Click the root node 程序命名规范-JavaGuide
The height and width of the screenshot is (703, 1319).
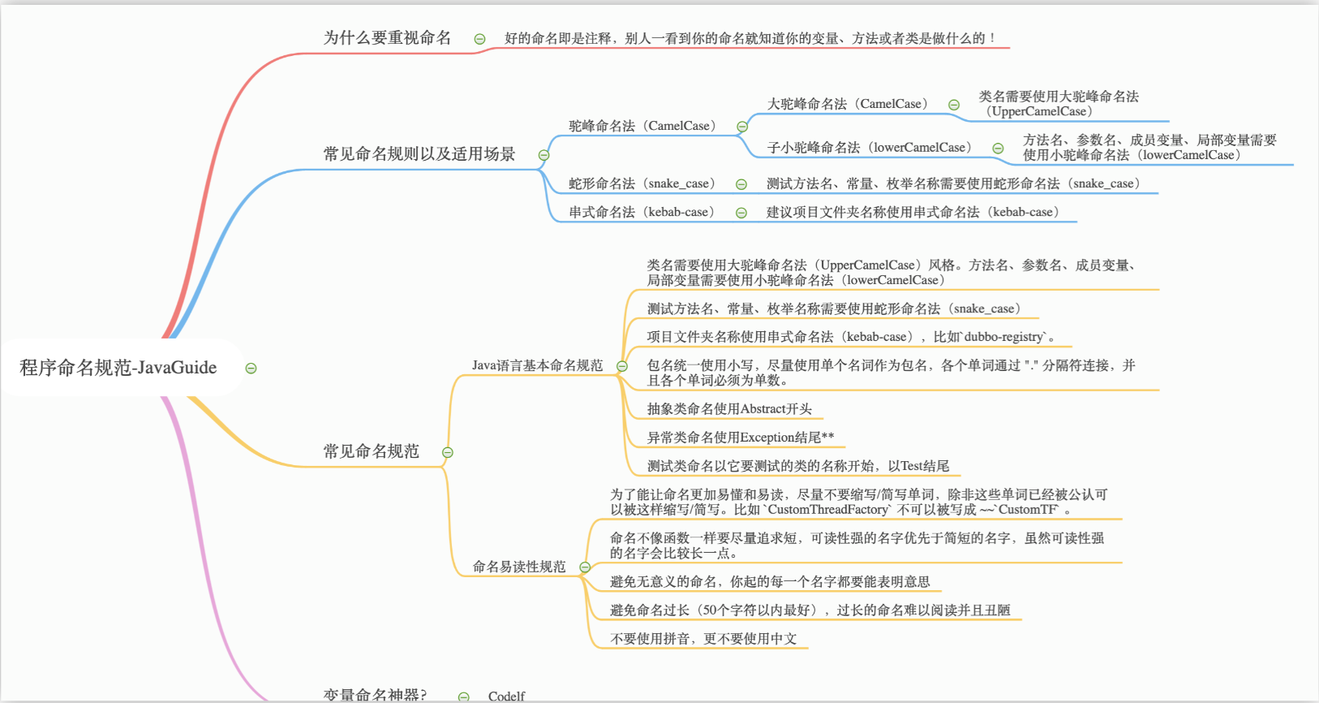click(118, 368)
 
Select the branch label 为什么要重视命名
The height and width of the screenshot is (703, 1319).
click(387, 37)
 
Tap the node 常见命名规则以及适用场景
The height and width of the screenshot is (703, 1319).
click(419, 154)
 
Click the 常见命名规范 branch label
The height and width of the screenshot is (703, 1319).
click(371, 451)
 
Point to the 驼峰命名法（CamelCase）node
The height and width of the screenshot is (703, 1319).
click(642, 126)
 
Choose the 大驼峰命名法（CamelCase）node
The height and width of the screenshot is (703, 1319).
click(847, 104)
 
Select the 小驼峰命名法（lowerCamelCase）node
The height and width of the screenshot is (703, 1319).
click(869, 147)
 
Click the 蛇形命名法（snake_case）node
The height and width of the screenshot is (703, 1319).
click(642, 183)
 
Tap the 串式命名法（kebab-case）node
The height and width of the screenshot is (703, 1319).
click(642, 212)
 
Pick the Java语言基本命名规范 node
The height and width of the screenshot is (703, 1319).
click(537, 365)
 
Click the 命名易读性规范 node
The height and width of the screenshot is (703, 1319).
click(519, 567)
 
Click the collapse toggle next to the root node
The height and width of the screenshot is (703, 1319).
click(251, 369)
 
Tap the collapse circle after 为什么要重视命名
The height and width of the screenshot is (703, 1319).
click(479, 38)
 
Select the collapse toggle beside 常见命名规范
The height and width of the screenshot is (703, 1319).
click(447, 452)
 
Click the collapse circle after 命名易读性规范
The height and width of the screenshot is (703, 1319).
click(585, 567)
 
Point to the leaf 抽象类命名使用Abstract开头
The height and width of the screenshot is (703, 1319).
click(728, 409)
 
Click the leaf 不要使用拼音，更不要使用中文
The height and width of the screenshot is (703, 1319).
click(702, 639)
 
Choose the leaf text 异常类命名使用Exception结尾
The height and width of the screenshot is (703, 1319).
click(740, 438)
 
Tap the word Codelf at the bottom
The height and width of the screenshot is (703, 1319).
click(506, 696)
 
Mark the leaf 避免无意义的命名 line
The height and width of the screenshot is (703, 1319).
click(769, 581)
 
